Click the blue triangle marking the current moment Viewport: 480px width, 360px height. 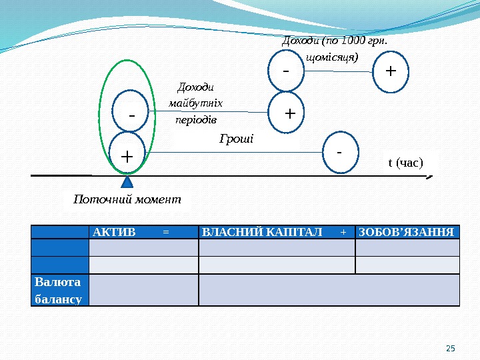click(x=127, y=182)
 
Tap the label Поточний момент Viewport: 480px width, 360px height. click(x=127, y=200)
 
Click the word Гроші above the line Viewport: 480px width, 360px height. click(x=237, y=139)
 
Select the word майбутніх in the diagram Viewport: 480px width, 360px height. click(x=196, y=103)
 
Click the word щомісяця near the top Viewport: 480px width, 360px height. click(x=331, y=57)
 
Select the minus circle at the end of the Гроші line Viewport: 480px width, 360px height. click(x=339, y=152)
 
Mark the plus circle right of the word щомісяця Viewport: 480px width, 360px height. click(x=390, y=70)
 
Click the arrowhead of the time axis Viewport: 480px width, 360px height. click(x=430, y=177)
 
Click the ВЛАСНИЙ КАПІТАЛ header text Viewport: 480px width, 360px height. click(x=261, y=232)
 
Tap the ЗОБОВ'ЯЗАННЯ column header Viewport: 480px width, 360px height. click(x=407, y=232)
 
